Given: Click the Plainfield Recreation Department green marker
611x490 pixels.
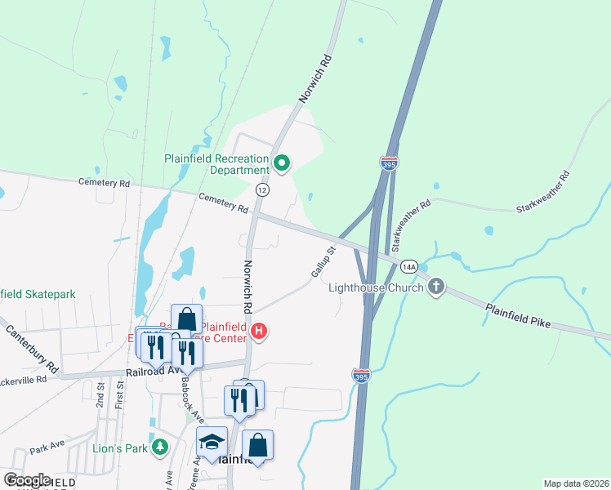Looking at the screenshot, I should (282, 163).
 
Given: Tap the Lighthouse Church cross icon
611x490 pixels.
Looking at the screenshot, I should (436, 287).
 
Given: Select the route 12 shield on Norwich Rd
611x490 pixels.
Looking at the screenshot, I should (261, 189).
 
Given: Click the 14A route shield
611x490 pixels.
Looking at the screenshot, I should (409, 266).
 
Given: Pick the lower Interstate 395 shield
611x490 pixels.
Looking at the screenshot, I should (361, 376).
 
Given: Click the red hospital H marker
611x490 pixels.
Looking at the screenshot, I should (259, 331).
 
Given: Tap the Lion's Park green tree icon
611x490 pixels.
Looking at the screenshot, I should (162, 446).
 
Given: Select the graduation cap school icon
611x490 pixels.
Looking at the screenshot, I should (212, 442).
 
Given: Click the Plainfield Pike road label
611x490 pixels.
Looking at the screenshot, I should (518, 316).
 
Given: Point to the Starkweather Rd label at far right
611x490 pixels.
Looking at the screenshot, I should (542, 193).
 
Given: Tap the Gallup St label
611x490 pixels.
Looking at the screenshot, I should (323, 262).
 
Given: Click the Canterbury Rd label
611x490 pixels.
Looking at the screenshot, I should (32, 346).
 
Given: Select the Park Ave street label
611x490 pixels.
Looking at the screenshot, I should (47, 448).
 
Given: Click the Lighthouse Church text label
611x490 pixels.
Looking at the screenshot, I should (376, 287).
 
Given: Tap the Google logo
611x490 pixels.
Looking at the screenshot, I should (27, 480).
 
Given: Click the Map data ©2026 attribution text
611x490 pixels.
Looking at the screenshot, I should (576, 483).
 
